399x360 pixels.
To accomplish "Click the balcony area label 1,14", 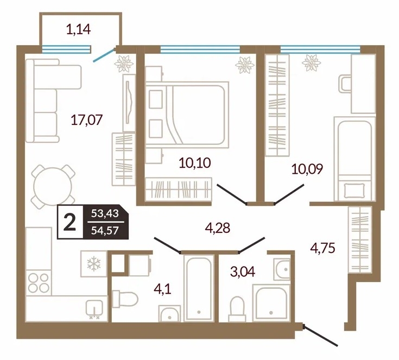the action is click(x=78, y=29).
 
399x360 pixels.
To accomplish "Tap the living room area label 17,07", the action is click(x=87, y=119).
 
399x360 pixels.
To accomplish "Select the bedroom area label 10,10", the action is click(x=195, y=163).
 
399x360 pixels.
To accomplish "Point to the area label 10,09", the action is click(x=307, y=168).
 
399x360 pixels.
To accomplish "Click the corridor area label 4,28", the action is click(x=218, y=228).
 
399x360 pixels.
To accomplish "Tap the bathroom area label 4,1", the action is click(x=163, y=289).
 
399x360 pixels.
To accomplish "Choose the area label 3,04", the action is click(x=243, y=271).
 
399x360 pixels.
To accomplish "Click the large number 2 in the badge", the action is click(x=69, y=222).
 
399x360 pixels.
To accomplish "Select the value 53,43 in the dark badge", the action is click(x=105, y=213).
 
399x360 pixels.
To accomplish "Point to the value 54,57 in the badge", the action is click(x=105, y=230).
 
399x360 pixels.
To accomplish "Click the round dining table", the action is click(x=53, y=186).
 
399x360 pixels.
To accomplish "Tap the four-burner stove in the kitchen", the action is click(x=39, y=283).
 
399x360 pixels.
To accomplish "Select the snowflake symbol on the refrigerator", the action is click(x=94, y=264).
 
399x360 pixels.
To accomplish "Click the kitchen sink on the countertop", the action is click(x=94, y=309).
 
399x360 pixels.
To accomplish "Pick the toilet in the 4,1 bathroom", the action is click(x=125, y=299).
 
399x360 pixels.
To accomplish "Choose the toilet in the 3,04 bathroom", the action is click(x=237, y=308).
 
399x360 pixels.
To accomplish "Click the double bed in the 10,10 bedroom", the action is click(x=187, y=115).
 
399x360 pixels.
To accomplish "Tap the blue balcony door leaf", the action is click(x=104, y=55).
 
